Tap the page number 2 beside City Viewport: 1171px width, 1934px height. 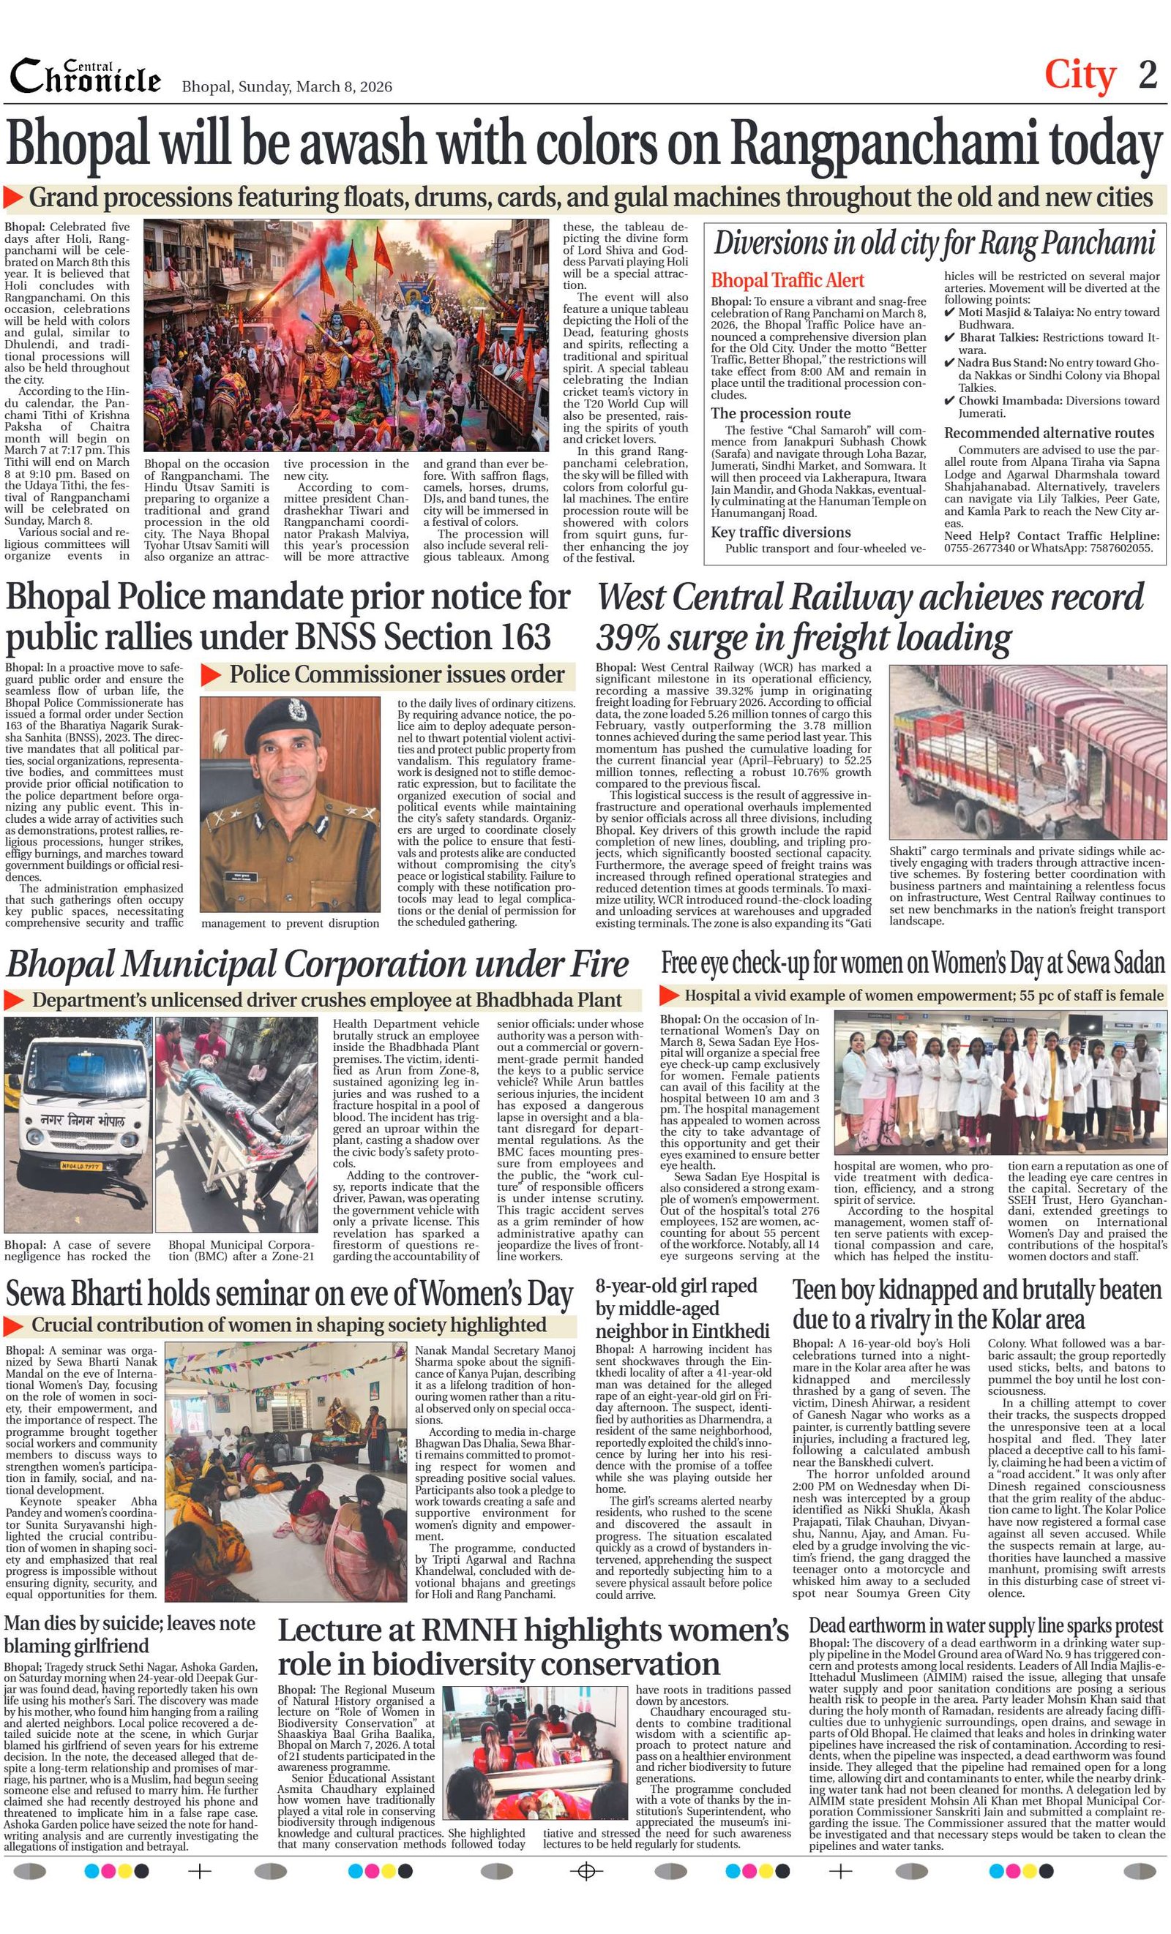coord(1148,75)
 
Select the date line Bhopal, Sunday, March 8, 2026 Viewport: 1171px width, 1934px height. coord(287,87)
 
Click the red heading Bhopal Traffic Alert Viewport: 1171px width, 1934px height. coord(787,281)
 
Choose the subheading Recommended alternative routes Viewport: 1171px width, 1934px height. coord(1049,433)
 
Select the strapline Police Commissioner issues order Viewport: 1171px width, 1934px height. coord(397,675)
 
